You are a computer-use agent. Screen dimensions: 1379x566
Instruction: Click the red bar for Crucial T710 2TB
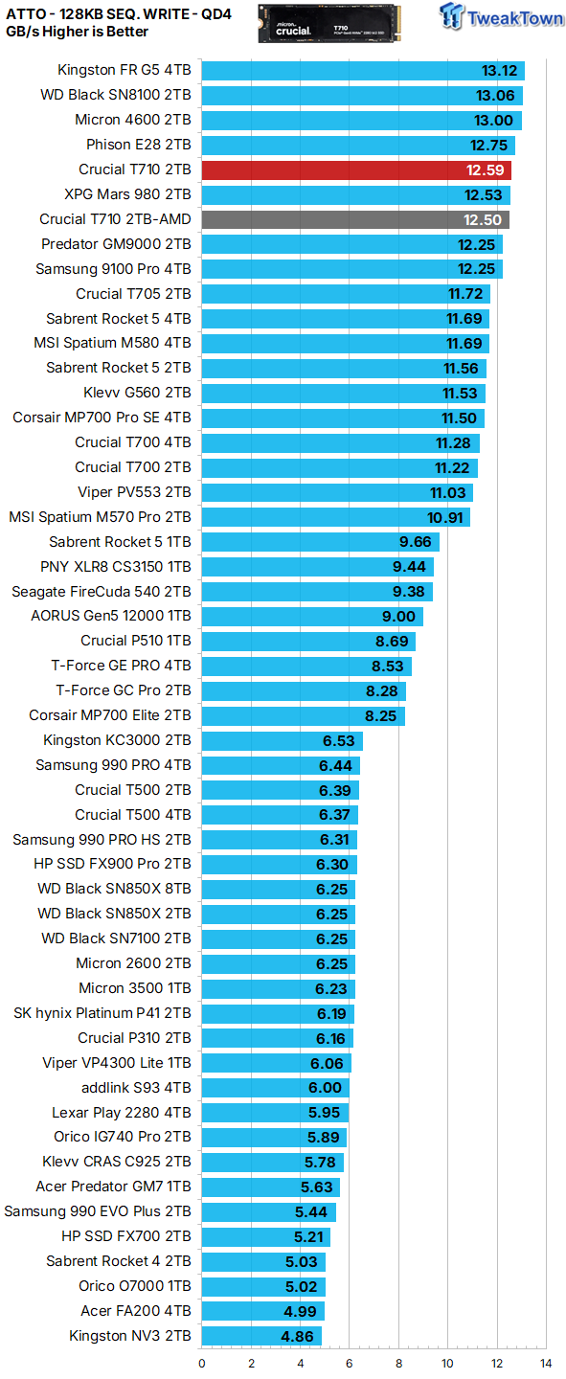click(355, 170)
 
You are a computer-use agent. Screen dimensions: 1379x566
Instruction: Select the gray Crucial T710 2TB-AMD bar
click(354, 220)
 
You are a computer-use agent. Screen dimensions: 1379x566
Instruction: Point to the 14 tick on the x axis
click(546, 1363)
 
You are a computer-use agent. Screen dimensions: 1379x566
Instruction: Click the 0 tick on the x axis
click(202, 1363)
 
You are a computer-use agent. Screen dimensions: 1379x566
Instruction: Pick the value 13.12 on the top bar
click(499, 71)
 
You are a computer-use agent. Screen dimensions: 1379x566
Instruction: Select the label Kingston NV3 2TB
click(130, 1336)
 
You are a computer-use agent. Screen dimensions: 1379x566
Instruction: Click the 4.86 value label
click(299, 1336)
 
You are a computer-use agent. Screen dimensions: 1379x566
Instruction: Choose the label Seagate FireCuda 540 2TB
click(102, 593)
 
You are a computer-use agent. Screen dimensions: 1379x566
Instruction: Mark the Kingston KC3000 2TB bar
click(283, 741)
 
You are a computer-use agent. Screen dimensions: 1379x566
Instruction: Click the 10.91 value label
click(445, 518)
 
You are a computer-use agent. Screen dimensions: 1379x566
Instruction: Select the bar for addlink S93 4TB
click(276, 1088)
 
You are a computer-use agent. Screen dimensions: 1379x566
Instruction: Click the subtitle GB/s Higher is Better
click(78, 32)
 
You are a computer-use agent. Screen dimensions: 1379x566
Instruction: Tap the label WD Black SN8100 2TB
click(116, 96)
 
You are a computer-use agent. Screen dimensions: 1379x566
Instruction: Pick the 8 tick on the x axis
click(398, 1363)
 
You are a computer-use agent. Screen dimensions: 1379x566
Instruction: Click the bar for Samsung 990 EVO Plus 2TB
click(269, 1212)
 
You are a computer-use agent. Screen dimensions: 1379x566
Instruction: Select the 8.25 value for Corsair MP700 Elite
click(382, 716)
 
